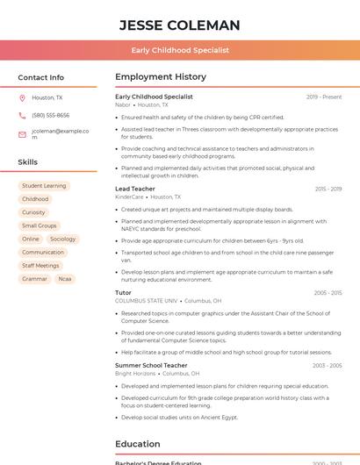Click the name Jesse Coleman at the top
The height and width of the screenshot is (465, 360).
(180, 25)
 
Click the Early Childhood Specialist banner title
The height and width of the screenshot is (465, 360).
(180, 50)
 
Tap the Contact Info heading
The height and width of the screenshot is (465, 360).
(40, 77)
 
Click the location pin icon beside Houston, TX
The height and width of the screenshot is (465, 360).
(22, 98)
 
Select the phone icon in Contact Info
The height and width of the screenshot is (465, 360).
(22, 116)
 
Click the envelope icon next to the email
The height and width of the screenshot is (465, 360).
(22, 134)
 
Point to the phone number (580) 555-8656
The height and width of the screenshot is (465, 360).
(50, 116)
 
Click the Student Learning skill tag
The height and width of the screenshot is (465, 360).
(44, 186)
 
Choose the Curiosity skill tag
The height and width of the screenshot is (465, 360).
(33, 212)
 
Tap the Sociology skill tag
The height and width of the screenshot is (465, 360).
(62, 239)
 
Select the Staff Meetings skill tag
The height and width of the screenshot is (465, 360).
(40, 265)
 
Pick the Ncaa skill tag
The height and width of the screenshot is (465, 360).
(65, 278)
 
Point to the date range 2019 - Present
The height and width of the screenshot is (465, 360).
(324, 97)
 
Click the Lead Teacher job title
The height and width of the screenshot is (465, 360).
(135, 189)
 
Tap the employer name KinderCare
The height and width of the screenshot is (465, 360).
(129, 197)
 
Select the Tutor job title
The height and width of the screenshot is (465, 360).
(123, 292)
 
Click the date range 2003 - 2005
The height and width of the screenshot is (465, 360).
(327, 365)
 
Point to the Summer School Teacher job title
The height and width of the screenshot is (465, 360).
(151, 365)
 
